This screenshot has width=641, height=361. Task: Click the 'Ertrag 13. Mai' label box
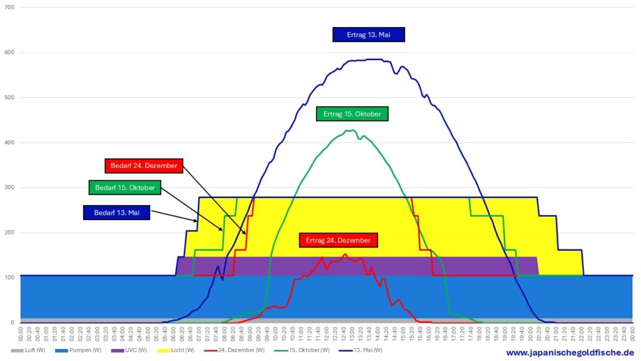[x=368, y=34]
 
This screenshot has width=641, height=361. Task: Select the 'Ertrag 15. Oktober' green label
[x=352, y=113]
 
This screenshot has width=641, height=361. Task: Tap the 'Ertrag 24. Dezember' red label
[x=339, y=240]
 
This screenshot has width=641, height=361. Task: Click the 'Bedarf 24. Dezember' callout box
[x=143, y=166]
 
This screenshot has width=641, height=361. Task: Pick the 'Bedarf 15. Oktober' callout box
[x=125, y=187]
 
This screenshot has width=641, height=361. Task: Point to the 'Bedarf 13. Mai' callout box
[x=117, y=212]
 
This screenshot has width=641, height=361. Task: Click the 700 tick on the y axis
[x=9, y=8]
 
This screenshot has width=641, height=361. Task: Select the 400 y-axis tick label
[x=9, y=143]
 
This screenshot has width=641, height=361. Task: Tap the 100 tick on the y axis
[x=9, y=278]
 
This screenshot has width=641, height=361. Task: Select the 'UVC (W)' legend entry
[x=131, y=350]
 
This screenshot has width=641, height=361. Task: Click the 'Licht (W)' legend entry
[x=178, y=350]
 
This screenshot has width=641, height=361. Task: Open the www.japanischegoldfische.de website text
[x=570, y=353]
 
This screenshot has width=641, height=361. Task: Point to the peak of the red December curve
[x=345, y=254]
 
